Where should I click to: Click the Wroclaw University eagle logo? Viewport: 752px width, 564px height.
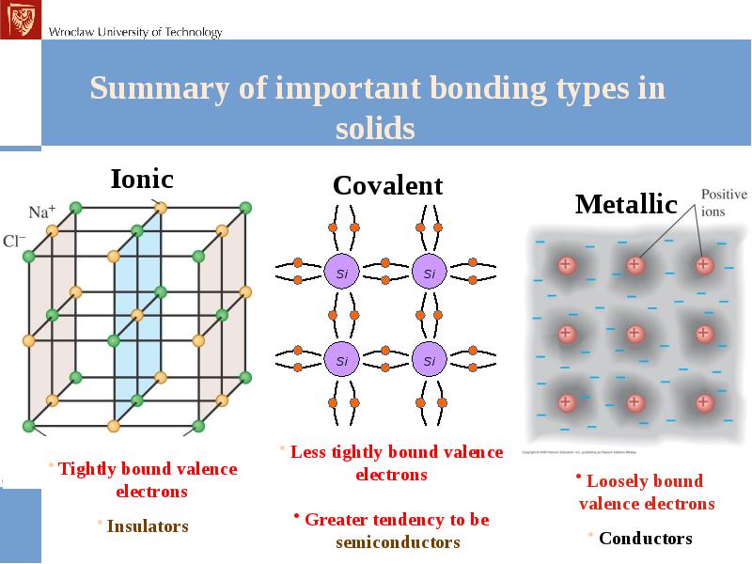(x=19, y=19)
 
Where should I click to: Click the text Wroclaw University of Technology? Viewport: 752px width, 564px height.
(x=135, y=32)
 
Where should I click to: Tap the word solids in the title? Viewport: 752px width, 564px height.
(x=375, y=128)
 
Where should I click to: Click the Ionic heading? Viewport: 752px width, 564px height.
(x=142, y=178)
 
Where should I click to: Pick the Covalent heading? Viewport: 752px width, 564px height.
(x=387, y=186)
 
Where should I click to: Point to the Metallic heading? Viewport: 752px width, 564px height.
(x=626, y=204)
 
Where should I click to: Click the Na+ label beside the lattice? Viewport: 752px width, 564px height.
(x=41, y=212)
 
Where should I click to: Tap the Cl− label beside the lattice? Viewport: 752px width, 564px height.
(x=14, y=241)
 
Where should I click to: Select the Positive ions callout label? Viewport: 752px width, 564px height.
(x=724, y=201)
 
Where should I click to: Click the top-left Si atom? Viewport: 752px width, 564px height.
(x=342, y=274)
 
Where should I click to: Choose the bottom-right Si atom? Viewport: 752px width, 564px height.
(x=429, y=360)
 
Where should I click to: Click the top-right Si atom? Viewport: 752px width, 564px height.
(x=429, y=274)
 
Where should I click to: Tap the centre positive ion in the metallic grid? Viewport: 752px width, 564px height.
(x=634, y=334)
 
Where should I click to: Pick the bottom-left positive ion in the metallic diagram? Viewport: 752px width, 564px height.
(x=566, y=403)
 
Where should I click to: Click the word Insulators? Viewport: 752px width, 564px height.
(x=148, y=526)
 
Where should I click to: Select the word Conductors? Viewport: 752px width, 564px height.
(x=645, y=539)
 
